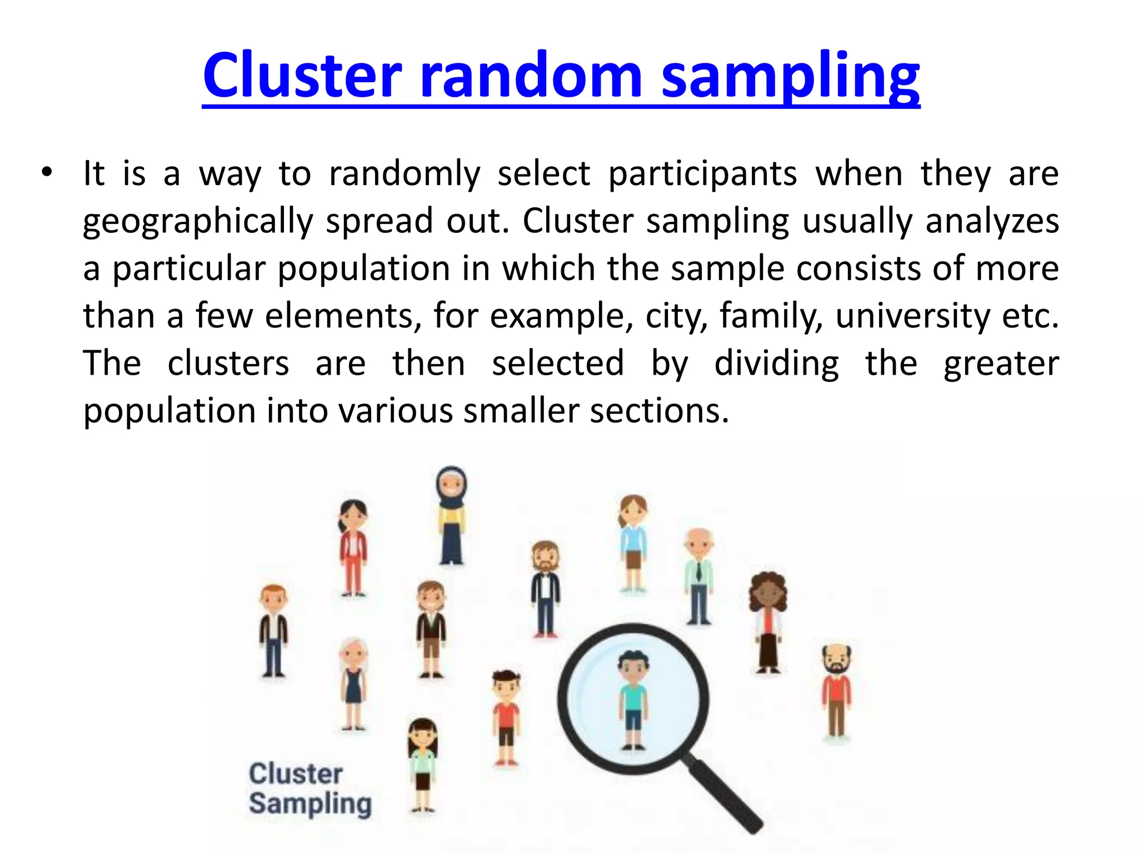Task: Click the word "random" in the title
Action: point(531,75)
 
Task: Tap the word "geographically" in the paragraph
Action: point(198,221)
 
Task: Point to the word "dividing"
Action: point(776,364)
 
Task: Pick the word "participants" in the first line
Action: point(702,173)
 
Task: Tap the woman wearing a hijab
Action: point(451,515)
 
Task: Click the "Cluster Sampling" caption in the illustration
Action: point(310,788)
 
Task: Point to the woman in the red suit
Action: point(353,548)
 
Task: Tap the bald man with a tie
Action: point(698,575)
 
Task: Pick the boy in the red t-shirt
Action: point(506,717)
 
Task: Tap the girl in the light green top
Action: point(423,764)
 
